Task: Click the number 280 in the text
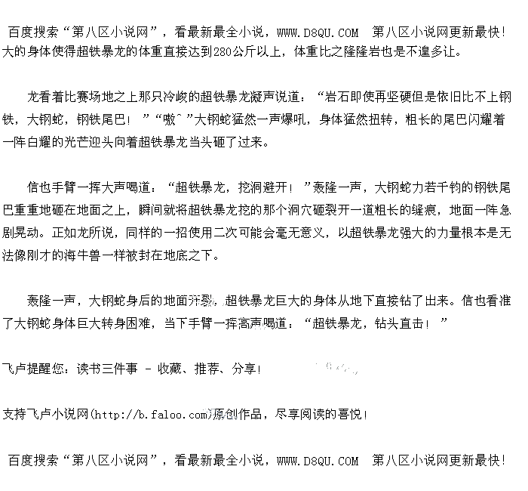coord(223,52)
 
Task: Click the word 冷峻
coord(175,97)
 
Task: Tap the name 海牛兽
coord(97,255)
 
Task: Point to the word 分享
coord(245,369)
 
